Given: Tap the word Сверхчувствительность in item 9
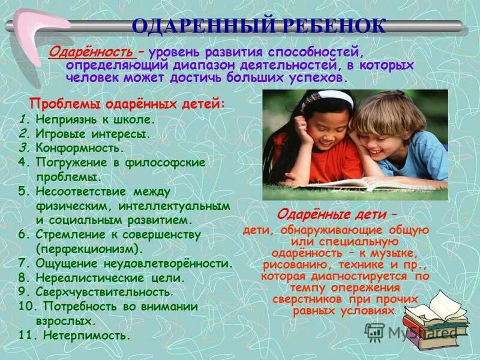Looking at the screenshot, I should pos(104,292).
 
